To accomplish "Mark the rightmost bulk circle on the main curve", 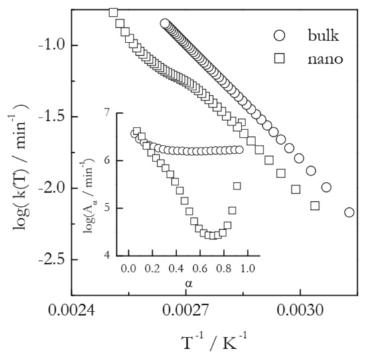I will (x=349, y=213).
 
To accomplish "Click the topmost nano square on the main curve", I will (x=113, y=13).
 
